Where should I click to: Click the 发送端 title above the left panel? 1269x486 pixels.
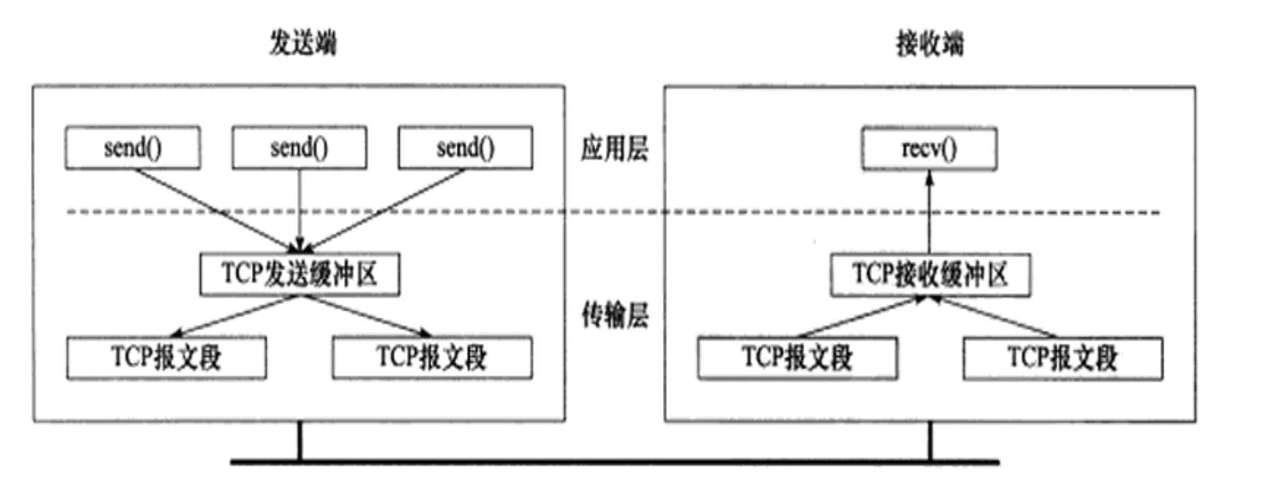point(303,43)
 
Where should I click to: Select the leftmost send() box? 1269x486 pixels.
point(133,148)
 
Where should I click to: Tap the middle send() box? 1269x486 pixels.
point(299,148)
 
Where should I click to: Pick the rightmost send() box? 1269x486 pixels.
point(465,148)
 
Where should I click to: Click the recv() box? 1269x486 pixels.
point(929,149)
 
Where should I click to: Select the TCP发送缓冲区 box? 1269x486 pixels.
point(299,274)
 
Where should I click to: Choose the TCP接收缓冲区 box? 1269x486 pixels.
point(930,275)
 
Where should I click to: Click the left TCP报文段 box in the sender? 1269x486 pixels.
point(166,358)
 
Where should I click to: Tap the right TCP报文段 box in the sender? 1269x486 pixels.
point(432,358)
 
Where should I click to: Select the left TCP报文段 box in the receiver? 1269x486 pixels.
point(797,358)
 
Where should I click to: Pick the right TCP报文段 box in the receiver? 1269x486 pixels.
point(1062,358)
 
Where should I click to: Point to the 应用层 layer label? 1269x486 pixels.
point(614,149)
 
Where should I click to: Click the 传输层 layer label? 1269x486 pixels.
point(614,317)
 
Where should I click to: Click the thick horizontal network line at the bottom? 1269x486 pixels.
point(614,462)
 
